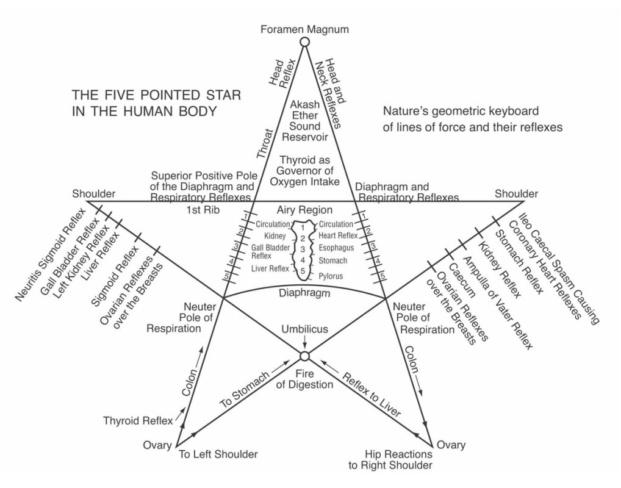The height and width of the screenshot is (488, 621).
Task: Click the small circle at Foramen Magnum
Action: click(x=304, y=41)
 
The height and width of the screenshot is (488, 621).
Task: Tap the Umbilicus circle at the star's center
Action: click(x=304, y=356)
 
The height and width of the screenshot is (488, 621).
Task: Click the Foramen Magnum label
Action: click(x=304, y=29)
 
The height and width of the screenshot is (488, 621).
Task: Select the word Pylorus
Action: click(x=331, y=276)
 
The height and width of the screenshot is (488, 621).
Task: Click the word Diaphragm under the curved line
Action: click(x=304, y=293)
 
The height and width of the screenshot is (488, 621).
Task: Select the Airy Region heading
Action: click(x=304, y=209)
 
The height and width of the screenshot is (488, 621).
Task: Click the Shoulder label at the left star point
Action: click(x=94, y=193)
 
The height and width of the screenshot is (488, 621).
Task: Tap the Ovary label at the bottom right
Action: click(x=452, y=445)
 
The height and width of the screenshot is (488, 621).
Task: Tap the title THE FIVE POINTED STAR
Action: click(x=156, y=96)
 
